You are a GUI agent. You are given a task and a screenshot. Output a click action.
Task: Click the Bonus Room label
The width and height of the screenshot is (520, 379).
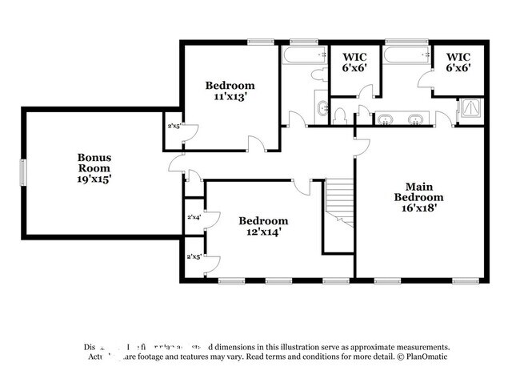pyautogui.click(x=94, y=168)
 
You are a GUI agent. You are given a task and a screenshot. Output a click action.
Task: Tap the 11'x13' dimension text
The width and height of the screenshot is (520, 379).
pyautogui.click(x=230, y=97)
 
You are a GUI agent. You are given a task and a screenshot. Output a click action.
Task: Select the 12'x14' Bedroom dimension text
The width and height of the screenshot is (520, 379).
pyautogui.click(x=263, y=232)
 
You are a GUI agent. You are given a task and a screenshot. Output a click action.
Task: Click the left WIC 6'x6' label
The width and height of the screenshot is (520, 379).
pyautogui.click(x=355, y=62)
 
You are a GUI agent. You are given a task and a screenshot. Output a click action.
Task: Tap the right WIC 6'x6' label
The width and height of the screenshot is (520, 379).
pyautogui.click(x=458, y=62)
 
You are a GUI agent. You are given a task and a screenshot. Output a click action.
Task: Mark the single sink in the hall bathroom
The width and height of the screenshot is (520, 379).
pyautogui.click(x=320, y=107)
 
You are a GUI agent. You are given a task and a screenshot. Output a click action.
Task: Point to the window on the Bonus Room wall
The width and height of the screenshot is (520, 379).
pyautogui.click(x=23, y=171)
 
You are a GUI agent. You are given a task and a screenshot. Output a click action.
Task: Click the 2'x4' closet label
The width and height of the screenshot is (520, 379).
pyautogui.click(x=194, y=217)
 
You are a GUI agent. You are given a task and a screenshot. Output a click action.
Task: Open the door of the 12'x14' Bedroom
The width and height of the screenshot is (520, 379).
pyautogui.click(x=301, y=186)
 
